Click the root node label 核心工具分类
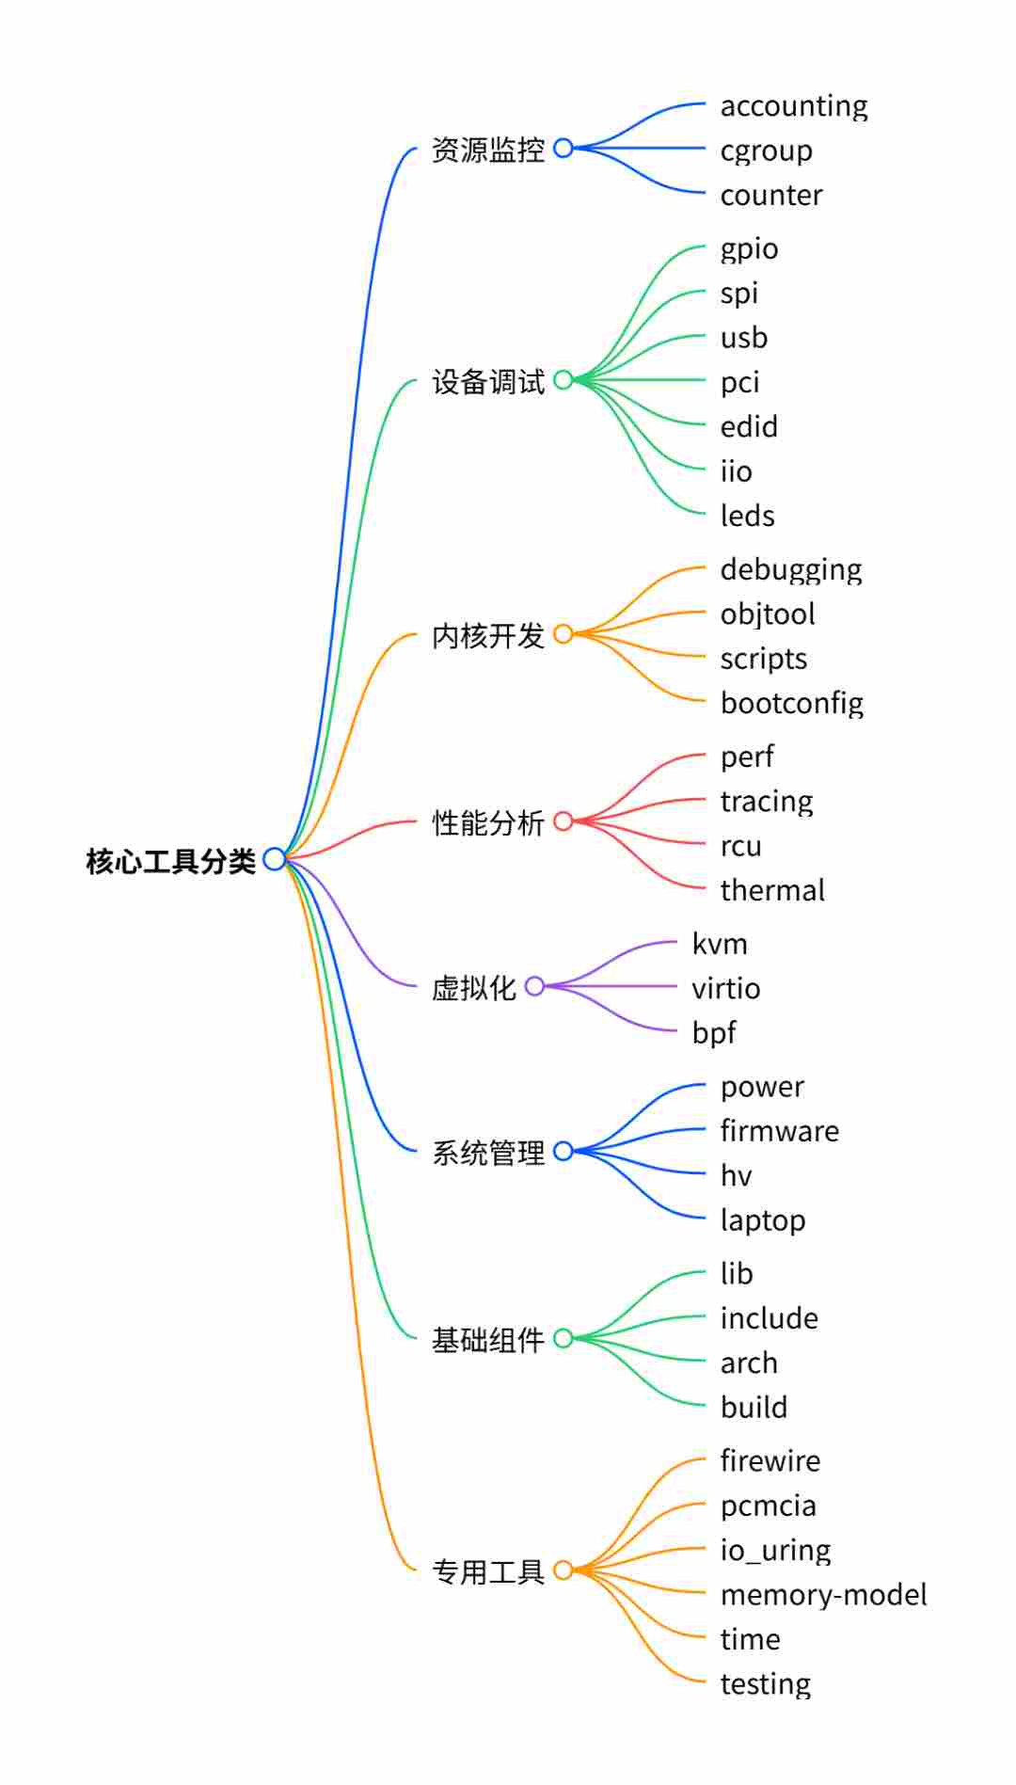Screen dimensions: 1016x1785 coord(170,861)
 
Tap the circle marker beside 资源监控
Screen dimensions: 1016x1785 coord(564,148)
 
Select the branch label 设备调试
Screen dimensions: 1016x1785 coord(488,382)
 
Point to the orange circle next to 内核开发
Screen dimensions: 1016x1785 coord(564,634)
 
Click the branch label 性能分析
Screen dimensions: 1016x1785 coord(488,823)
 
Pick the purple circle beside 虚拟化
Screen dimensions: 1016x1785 coord(535,986)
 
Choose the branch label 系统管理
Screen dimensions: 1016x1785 coord(488,1153)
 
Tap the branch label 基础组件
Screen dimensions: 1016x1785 coord(488,1340)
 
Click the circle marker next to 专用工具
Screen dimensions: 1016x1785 coord(564,1570)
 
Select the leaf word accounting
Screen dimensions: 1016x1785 coord(794,106)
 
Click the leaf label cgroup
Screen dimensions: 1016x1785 coord(767,151)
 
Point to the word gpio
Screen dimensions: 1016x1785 coord(750,249)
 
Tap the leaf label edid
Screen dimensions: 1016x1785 coord(749,427)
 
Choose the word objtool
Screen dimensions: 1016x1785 coord(768,614)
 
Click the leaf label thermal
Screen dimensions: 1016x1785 coord(772,890)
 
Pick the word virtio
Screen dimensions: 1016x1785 coord(726,988)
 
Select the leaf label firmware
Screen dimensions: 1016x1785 coord(780,1131)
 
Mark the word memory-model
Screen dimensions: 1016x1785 coord(824,1595)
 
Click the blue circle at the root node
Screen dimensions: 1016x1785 coord(275,859)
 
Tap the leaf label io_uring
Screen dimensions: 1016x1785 coord(776,1551)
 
